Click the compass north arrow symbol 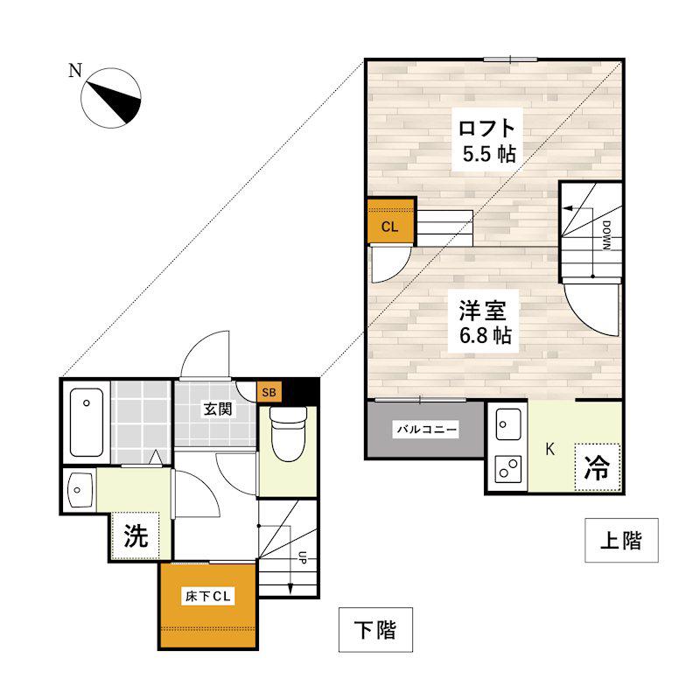coord(111,98)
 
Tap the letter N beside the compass coord(75,70)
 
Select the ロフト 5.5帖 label coord(487,141)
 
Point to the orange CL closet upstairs coord(390,221)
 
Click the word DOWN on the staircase coord(606,234)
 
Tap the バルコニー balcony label coord(427,430)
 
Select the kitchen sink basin coord(508,424)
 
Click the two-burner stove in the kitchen coord(508,469)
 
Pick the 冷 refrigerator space coord(598,468)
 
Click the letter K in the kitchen coord(550,449)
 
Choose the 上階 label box coord(621,540)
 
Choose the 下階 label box coord(375,629)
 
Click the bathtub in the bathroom coord(87,423)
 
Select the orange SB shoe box coord(269,392)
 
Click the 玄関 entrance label coord(218,409)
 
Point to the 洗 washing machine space coord(136,535)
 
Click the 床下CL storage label coord(208,597)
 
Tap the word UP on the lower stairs coord(302,557)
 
